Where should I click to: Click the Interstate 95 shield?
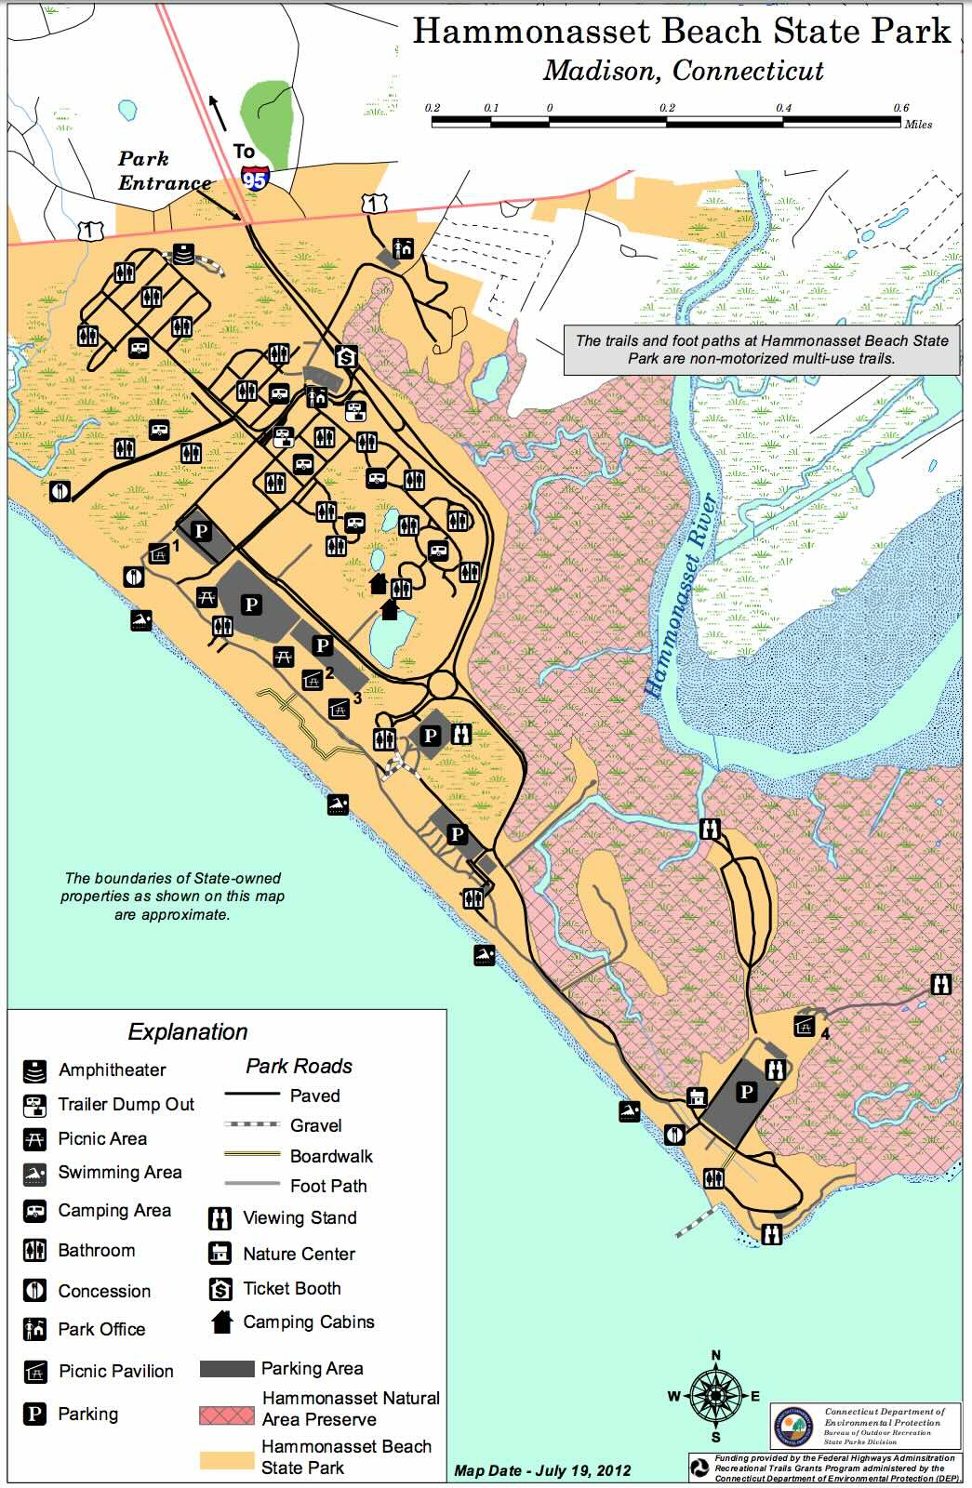click(x=255, y=179)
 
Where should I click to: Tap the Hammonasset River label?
click(x=682, y=595)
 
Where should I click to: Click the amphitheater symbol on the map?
click(x=184, y=254)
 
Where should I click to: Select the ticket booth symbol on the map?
click(x=347, y=355)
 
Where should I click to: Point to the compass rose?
click(x=714, y=1395)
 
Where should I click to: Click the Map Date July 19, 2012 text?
click(x=542, y=1470)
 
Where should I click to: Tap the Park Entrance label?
click(x=164, y=171)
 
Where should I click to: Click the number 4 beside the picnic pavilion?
click(x=825, y=1032)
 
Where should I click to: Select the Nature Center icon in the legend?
click(x=220, y=1253)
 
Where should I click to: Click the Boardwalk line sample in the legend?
click(x=252, y=1155)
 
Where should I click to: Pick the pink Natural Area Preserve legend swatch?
click(x=226, y=1415)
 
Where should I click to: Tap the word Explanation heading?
click(x=188, y=1031)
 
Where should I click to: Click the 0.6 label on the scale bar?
click(x=900, y=108)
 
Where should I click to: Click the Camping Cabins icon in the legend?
click(x=221, y=1322)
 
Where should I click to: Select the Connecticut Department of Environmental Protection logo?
click(x=793, y=1427)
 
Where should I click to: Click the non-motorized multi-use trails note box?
click(x=761, y=350)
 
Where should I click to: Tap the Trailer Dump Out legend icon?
click(x=35, y=1105)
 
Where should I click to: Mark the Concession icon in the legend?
click(x=34, y=1291)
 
